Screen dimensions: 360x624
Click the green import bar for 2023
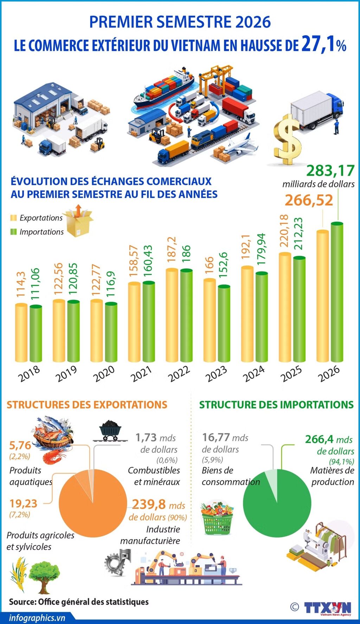point(224,323)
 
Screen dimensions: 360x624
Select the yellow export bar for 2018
point(21,333)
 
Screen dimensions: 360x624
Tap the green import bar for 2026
point(337,292)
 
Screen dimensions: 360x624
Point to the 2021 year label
point(141,373)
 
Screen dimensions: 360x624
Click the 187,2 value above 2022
point(172,249)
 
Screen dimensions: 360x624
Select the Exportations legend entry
point(37,218)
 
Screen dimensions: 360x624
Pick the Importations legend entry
point(37,232)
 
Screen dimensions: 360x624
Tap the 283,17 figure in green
point(330,171)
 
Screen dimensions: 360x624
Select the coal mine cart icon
point(110,431)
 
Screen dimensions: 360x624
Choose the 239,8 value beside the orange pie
point(149,504)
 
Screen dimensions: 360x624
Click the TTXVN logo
point(328,607)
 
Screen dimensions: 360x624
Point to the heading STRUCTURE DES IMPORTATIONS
point(276,405)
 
